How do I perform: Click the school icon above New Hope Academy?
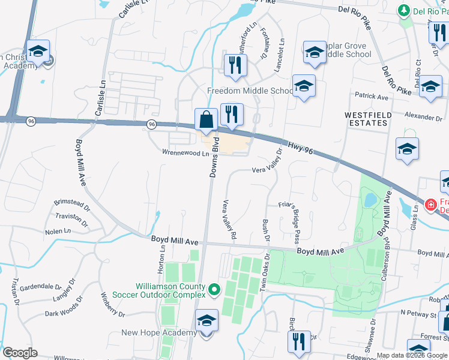point(206,322)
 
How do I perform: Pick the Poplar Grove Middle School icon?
point(315,53)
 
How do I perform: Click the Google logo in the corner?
point(20,353)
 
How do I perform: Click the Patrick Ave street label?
point(371,96)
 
